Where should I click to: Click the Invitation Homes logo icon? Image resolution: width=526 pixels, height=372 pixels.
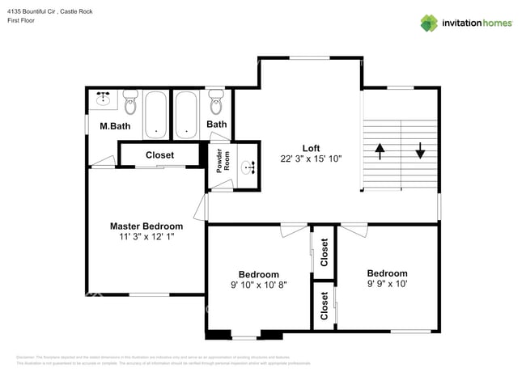tap(428, 23)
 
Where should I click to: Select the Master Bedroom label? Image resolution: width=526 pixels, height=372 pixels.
tap(146, 226)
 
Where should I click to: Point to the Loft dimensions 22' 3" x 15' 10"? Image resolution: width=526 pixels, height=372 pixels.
tap(311, 159)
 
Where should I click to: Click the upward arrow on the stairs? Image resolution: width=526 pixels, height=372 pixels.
tap(379, 150)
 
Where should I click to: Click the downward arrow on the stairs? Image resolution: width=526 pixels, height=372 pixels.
tap(421, 150)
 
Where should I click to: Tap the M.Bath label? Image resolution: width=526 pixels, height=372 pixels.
tap(115, 126)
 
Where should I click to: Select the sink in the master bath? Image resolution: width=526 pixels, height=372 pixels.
tap(103, 99)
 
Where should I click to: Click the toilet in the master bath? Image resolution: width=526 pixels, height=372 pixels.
tap(131, 103)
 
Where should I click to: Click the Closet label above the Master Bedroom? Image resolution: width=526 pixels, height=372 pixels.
tap(159, 154)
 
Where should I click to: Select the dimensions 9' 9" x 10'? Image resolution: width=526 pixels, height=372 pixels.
tap(387, 284)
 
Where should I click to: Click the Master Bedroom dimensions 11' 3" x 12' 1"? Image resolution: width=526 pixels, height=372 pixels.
tap(146, 237)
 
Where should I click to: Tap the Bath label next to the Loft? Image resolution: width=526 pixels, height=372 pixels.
tap(216, 125)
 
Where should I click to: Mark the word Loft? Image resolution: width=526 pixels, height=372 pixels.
tap(311, 148)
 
